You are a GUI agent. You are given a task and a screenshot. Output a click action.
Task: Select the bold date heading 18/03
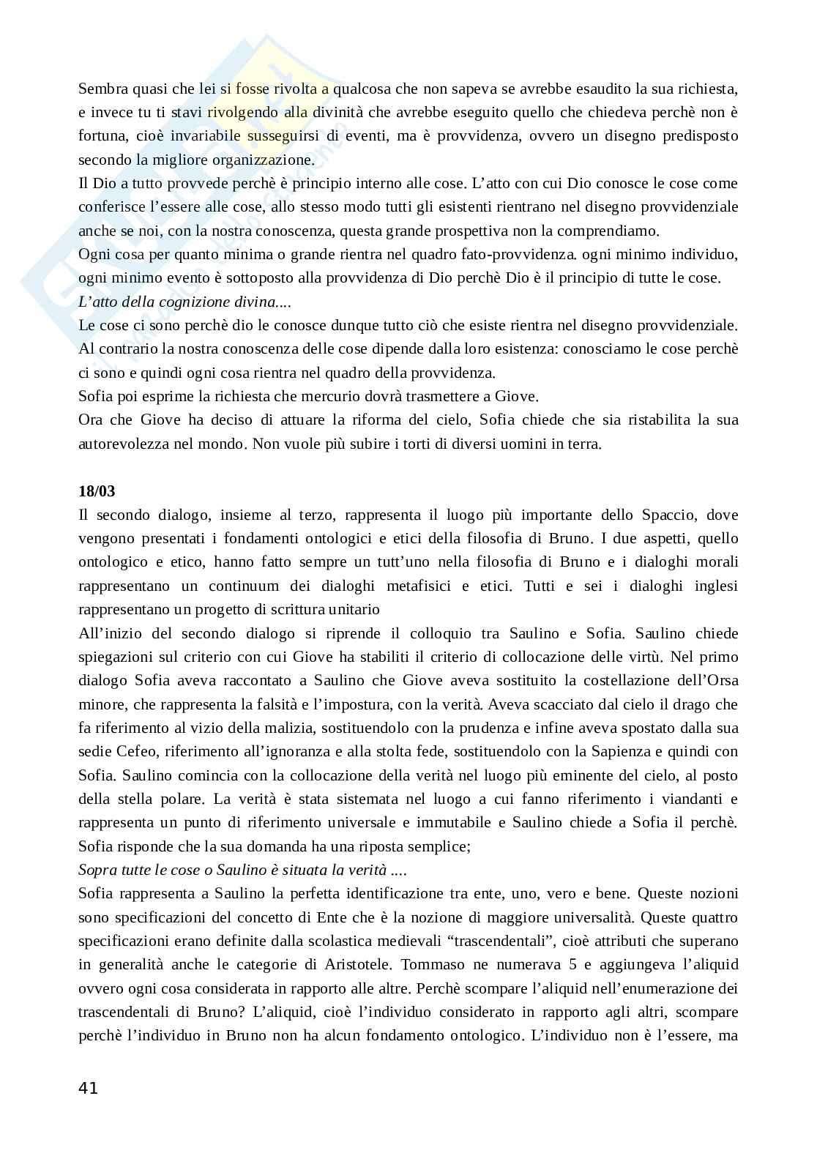tap(97, 491)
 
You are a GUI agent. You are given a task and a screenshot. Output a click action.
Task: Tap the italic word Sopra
tap(97, 870)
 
